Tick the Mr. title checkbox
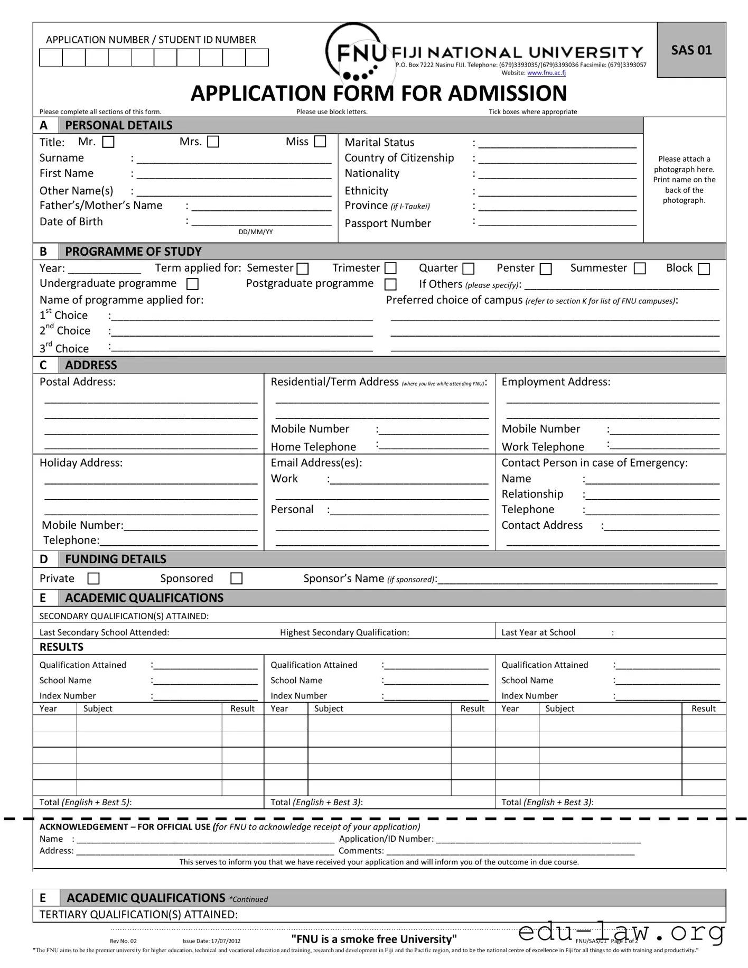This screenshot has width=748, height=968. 108,142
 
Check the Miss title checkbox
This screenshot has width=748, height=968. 320,142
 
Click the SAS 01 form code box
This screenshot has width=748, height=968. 691,50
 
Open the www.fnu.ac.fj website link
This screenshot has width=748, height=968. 546,73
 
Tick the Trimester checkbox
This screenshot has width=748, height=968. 390,268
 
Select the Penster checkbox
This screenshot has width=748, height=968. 546,269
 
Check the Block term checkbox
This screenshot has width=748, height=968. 704,269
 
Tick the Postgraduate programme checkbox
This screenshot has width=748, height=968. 390,284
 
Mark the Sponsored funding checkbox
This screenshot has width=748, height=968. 237,579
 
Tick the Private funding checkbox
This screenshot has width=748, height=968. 93,579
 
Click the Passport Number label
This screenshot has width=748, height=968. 388,224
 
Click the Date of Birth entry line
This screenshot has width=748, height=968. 261,222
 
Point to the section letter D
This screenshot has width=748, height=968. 44,559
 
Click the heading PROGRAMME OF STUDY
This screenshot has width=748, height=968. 133,252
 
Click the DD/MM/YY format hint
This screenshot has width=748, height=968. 256,232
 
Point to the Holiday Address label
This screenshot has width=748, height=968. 81,463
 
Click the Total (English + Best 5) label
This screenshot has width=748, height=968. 86,802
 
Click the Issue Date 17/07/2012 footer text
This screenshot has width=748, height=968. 211,941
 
